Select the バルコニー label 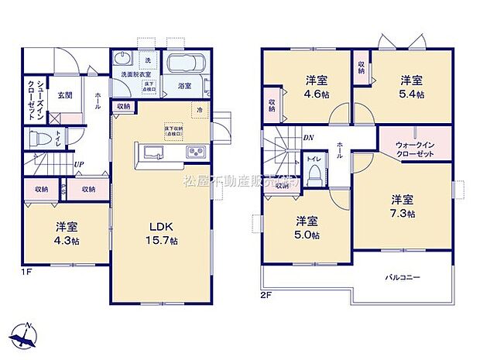pos(403,276)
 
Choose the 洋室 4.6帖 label pos(314,88)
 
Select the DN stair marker pos(307,137)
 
